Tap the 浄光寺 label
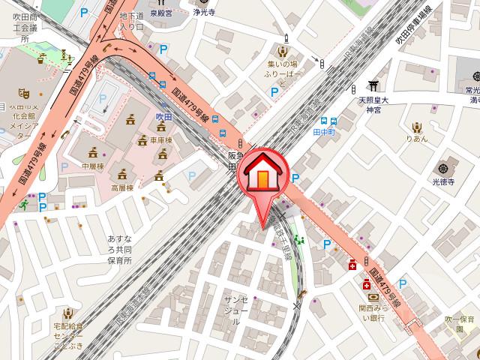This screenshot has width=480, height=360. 203,12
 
